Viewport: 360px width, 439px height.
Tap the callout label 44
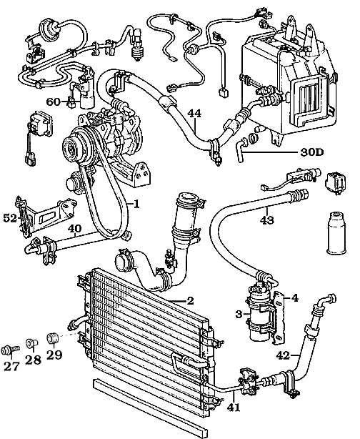[194, 112]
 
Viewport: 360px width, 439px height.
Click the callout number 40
[76, 230]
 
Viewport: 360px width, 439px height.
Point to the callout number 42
[283, 355]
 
